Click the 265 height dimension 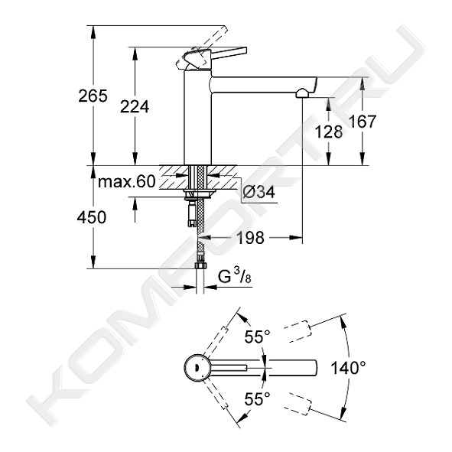[93, 96]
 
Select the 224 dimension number [135, 107]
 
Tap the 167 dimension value [363, 122]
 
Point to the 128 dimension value [329, 132]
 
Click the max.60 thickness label [127, 181]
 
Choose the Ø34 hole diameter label [259, 192]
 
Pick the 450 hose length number [92, 217]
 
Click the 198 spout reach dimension [250, 238]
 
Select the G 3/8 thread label [234, 276]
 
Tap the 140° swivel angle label [348, 368]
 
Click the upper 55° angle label [258, 337]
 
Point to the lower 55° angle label [258, 399]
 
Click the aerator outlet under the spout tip [302, 93]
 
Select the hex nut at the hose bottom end [200, 265]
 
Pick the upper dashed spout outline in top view [298, 331]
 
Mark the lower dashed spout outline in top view [298, 404]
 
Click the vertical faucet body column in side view [198, 118]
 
